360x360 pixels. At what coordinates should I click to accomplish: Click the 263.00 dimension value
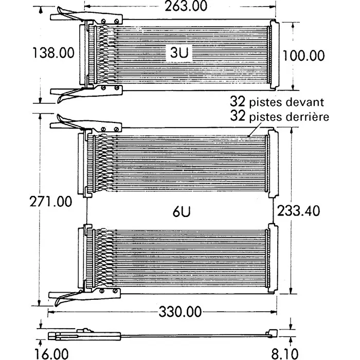pos(178,6)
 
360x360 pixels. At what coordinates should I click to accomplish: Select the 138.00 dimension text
pos(53,53)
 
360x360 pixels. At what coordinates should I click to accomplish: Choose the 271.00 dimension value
pos(50,202)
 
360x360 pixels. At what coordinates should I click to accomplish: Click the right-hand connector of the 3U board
pos(273,53)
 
